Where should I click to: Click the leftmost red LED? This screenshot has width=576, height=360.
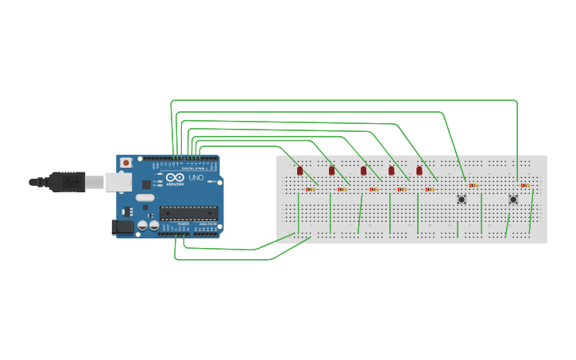click(300, 171)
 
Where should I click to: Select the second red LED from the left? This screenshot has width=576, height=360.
click(332, 171)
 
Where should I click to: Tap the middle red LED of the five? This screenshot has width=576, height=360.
click(364, 171)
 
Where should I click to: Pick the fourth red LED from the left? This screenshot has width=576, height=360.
click(392, 171)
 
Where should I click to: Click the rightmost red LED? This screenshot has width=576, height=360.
click(419, 171)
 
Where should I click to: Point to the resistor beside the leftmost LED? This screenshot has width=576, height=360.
click(310, 189)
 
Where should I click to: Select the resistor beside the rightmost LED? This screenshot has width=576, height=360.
click(430, 189)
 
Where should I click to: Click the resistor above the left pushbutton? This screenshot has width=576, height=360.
click(474, 185)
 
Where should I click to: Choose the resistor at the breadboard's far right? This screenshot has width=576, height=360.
click(524, 185)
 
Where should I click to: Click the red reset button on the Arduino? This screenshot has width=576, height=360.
click(126, 162)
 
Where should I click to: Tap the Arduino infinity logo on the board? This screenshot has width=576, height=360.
click(175, 176)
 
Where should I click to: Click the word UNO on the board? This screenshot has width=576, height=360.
click(195, 177)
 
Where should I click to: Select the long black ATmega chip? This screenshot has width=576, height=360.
click(188, 212)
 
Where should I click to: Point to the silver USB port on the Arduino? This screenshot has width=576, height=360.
click(119, 182)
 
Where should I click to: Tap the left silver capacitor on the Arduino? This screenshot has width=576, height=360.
click(142, 226)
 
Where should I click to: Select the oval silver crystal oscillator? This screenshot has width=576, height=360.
click(145, 197)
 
